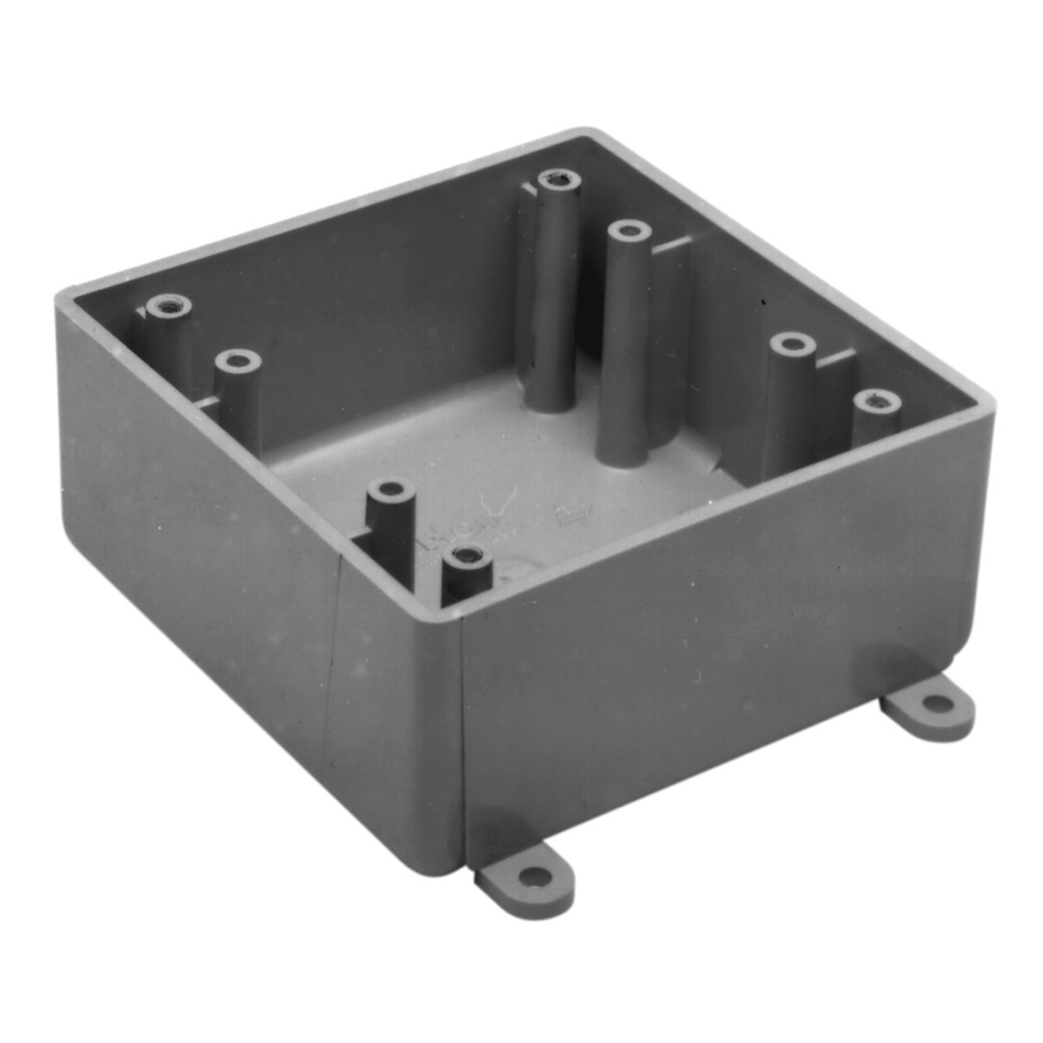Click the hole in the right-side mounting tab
click(934, 701)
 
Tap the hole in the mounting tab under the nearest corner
click(538, 875)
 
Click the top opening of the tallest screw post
click(559, 181)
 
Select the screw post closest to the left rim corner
click(168, 306)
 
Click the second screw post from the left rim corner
click(237, 360)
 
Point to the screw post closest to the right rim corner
click(876, 401)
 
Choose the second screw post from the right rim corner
click(793, 345)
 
